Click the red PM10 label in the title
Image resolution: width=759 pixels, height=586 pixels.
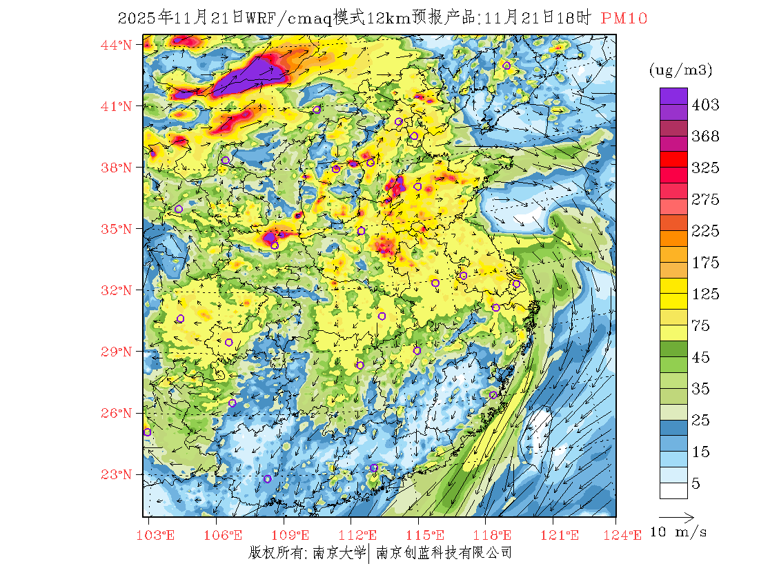point(624,19)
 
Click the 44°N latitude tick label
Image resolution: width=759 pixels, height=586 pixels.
point(117,45)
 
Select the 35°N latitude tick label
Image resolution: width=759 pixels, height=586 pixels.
point(117,229)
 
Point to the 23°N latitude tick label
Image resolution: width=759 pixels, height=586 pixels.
point(117,474)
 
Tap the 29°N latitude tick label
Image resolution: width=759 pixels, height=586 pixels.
point(117,352)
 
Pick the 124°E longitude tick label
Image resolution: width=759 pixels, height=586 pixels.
point(626,534)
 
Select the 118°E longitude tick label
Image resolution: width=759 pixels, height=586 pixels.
point(495,534)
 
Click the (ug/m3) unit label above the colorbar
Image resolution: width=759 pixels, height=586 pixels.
point(680,70)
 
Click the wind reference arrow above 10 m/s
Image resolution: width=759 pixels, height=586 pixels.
point(676,516)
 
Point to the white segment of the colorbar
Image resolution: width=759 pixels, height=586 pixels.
point(673,490)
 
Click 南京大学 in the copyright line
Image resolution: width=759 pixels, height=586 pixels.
point(339,552)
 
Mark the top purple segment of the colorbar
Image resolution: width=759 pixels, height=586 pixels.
point(673,95)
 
